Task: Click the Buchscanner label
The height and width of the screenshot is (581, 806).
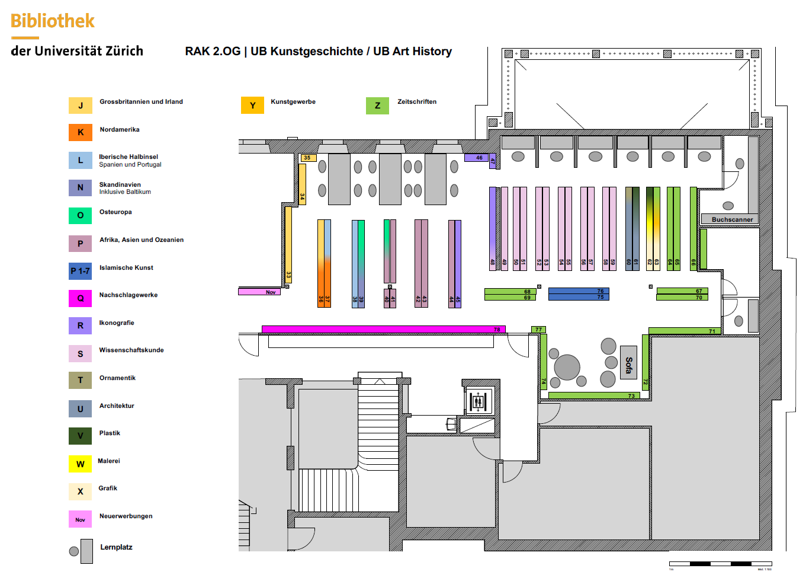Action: pos(732,219)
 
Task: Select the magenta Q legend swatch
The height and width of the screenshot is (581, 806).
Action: pos(81,298)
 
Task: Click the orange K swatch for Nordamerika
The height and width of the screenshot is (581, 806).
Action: pos(81,132)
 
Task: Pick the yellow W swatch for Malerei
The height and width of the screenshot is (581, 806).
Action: pos(81,464)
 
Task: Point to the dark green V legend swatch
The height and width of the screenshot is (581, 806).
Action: pos(81,436)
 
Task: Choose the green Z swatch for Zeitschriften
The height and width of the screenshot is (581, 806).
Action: pos(377,106)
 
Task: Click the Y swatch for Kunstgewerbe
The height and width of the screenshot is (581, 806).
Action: pos(252,106)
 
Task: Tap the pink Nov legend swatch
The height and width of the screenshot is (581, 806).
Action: pos(81,519)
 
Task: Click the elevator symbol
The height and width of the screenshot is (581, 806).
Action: pos(478,401)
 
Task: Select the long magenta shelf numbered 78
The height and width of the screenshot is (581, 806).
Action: pos(383,330)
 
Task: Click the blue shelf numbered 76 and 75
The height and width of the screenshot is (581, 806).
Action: pos(578,294)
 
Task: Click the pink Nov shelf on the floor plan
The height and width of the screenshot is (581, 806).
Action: pos(259,292)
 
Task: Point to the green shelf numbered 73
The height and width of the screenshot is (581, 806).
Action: pos(593,395)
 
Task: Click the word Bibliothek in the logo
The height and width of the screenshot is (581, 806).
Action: pos(53,21)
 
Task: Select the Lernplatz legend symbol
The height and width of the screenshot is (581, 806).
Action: pos(82,551)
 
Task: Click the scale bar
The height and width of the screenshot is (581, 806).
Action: pos(720,563)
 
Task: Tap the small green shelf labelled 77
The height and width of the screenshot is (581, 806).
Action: pos(538,330)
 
